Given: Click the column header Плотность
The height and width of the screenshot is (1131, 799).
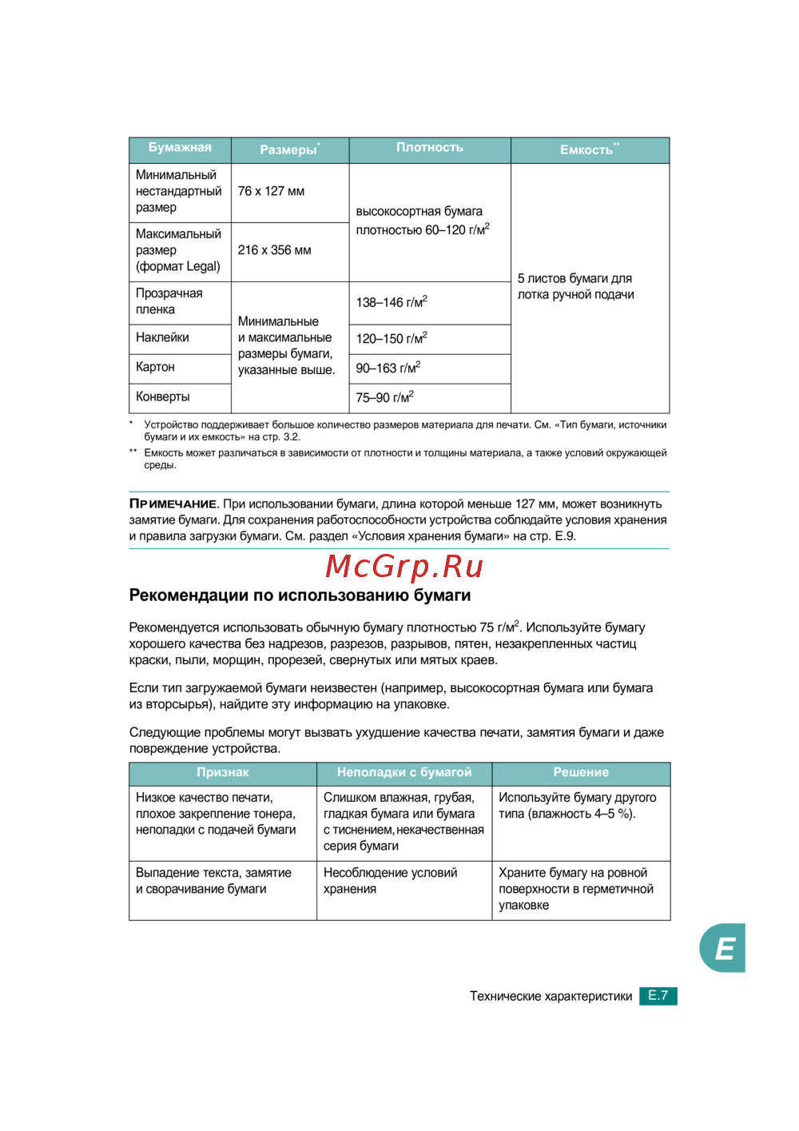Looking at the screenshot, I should click(x=430, y=148).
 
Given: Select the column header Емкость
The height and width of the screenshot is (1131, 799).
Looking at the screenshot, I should click(x=589, y=149).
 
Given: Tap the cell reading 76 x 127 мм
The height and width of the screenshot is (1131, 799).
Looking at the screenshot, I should click(x=271, y=192).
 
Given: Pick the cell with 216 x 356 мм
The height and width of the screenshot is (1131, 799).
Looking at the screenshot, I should click(x=274, y=251).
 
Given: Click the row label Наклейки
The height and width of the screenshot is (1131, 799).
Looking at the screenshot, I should click(x=162, y=338).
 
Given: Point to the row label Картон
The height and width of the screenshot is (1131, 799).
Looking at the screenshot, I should click(x=155, y=368).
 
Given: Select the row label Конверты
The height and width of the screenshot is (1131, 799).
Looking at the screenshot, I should click(x=163, y=397).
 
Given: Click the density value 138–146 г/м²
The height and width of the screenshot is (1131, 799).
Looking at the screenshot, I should click(x=392, y=303).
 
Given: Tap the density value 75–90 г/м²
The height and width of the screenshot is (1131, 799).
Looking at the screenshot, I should click(x=384, y=398).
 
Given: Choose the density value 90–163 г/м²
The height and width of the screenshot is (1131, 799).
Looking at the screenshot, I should click(x=388, y=368).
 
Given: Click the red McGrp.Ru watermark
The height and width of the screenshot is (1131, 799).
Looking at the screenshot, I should click(x=404, y=567).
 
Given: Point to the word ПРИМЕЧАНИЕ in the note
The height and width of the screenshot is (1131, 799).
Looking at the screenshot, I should click(x=173, y=504).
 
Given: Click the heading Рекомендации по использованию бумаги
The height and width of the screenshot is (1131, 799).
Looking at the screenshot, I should click(x=300, y=595).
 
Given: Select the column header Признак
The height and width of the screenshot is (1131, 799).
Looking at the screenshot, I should click(x=223, y=773).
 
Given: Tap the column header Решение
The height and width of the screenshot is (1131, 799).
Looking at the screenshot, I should click(x=581, y=773).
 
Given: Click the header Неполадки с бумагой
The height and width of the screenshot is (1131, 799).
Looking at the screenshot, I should click(x=404, y=773).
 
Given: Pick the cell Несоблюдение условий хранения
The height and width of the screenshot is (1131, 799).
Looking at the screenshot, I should click(x=390, y=882).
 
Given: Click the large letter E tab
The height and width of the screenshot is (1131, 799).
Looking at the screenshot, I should click(x=724, y=949).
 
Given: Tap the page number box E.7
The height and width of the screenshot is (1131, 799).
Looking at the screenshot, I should click(x=658, y=996).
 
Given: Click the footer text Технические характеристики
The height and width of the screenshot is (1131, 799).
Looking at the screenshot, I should click(x=551, y=997).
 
